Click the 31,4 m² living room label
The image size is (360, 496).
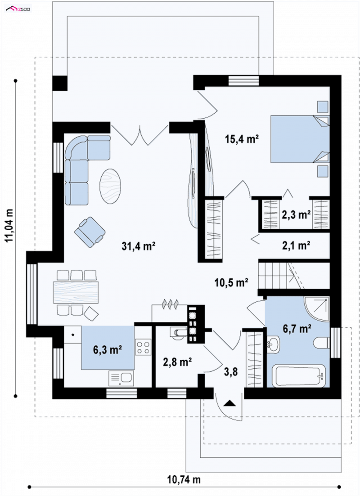click(x=138, y=246)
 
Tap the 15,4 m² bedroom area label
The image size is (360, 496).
click(x=242, y=139)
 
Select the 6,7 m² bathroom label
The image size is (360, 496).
click(x=297, y=329)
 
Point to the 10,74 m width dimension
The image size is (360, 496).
click(x=184, y=479)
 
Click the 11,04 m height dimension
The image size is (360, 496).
click(x=9, y=226)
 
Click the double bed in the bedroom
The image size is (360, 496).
click(x=300, y=139)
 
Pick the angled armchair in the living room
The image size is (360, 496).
click(x=90, y=232)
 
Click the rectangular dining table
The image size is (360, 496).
click(x=76, y=292)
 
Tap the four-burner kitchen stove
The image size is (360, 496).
click(x=143, y=347)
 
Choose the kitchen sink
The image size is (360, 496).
click(x=121, y=378)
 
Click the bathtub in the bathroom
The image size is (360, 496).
click(x=299, y=376)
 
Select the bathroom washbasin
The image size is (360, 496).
click(x=273, y=344)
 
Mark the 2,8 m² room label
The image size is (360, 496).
click(x=177, y=362)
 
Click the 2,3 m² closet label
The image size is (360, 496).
click(x=297, y=215)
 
